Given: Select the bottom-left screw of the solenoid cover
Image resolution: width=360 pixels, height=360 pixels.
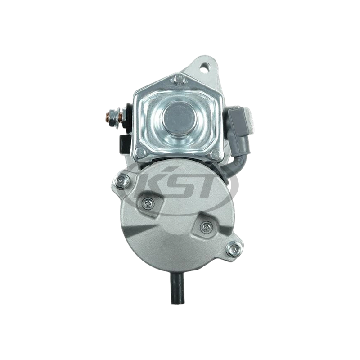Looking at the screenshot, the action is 139,152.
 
